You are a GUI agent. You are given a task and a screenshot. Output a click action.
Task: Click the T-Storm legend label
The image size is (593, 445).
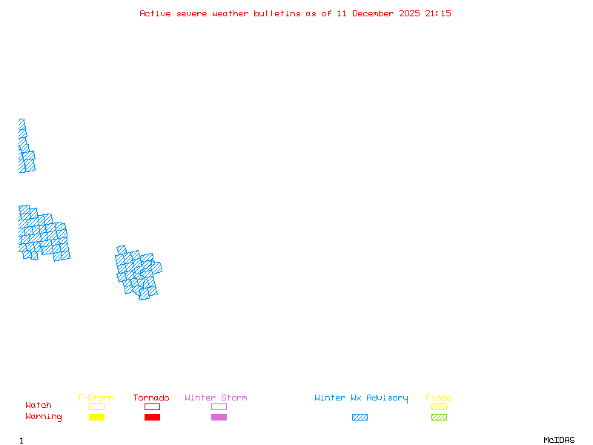coord(96,398)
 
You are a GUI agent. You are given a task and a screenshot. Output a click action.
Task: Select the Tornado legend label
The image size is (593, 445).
coord(151,398)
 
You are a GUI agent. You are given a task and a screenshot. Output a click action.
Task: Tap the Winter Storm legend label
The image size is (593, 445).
coord(216,398)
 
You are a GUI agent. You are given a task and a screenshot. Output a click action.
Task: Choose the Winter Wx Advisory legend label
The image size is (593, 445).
coord(361,398)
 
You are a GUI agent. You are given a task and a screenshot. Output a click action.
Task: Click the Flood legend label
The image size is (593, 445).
coord(439,398)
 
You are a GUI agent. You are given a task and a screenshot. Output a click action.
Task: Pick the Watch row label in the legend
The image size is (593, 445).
coord(39,406)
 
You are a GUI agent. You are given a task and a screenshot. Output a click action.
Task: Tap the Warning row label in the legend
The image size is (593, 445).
coord(44,417)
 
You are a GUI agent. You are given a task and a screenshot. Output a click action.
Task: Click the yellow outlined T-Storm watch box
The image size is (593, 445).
coord(96,406)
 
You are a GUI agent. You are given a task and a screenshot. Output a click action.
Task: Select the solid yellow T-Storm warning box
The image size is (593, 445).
coord(96,417)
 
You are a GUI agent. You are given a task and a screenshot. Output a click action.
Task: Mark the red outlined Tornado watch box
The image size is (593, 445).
coord(152,406)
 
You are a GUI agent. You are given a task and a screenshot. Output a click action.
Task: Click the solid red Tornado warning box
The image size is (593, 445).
coord(152,417)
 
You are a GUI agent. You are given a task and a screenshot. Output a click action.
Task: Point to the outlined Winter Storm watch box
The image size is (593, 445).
coord(219,406)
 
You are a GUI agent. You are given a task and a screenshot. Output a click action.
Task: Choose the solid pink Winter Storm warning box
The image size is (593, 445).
coord(219,417)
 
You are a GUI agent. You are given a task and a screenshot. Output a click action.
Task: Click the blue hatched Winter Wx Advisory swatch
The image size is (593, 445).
coord(360,417)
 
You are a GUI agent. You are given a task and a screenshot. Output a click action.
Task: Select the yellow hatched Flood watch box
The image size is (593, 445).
coord(439,406)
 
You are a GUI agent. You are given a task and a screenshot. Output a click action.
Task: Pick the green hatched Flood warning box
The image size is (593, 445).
coord(439,417)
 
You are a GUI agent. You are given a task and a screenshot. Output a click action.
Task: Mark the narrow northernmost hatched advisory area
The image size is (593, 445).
coord(24,148)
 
